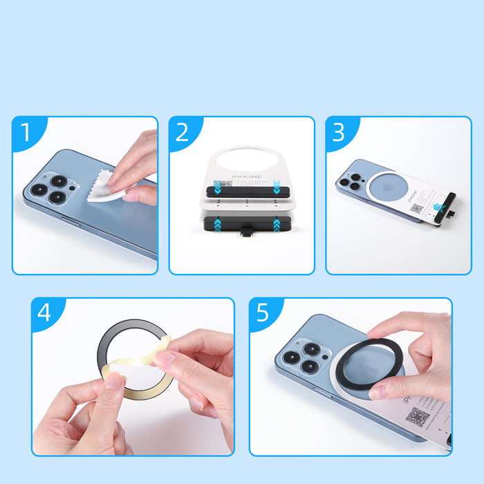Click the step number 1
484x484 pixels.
[25, 132]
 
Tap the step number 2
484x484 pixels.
[182, 132]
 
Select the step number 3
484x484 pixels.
[338, 132]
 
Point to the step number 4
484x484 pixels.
[44, 313]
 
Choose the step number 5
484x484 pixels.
[263, 313]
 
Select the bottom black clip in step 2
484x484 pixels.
[247, 225]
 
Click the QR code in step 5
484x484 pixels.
[418, 417]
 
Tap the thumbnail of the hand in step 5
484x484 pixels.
[379, 391]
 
